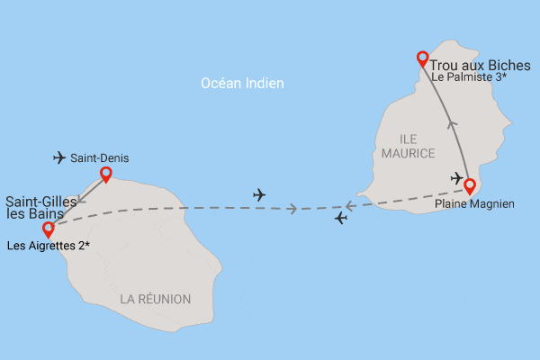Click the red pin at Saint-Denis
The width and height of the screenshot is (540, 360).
pyautogui.click(x=106, y=174)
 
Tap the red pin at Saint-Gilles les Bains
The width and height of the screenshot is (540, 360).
pyautogui.click(x=49, y=229)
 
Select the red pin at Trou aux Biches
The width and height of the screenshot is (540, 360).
pyautogui.click(x=422, y=59)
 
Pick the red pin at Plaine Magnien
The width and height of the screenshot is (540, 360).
pyautogui.click(x=469, y=186)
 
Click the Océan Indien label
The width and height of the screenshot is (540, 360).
pyautogui.click(x=243, y=84)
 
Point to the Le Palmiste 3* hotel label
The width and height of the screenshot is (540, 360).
pyautogui.click(x=468, y=78)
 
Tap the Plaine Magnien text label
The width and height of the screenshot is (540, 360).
pyautogui.click(x=474, y=204)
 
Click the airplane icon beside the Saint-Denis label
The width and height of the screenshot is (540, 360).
pyautogui.click(x=60, y=158)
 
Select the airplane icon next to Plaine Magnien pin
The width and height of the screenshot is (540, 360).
pyautogui.click(x=457, y=177)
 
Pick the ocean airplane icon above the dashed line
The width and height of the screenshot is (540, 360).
pyautogui.click(x=260, y=193)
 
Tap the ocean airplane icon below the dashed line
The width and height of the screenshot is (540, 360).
pyautogui.click(x=340, y=219)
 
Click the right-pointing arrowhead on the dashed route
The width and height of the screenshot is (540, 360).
pyautogui.click(x=292, y=209)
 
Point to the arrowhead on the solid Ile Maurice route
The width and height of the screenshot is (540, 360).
pyautogui.click(x=453, y=125)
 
